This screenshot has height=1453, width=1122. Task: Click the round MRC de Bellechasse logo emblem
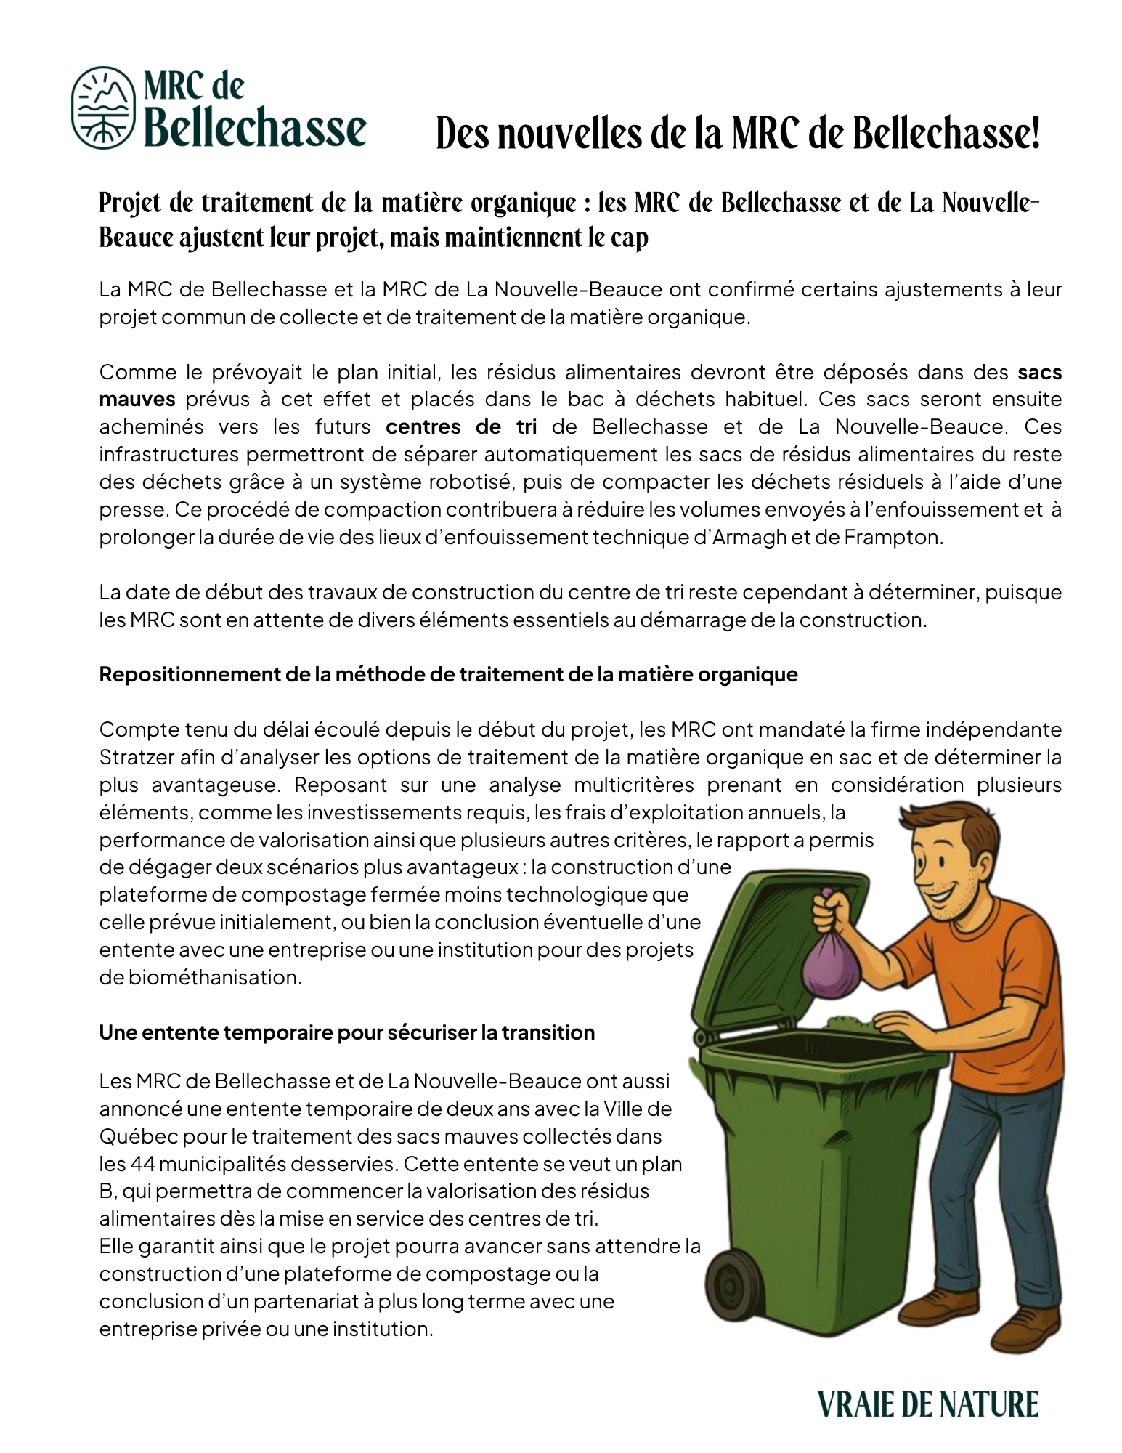click(x=103, y=107)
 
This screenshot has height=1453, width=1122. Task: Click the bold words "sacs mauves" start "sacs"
click(x=1039, y=373)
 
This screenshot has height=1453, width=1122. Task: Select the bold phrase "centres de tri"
click(x=461, y=426)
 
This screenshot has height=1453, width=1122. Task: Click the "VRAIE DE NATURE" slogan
click(x=927, y=1404)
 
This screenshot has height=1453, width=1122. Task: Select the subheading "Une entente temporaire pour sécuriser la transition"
click(x=347, y=1032)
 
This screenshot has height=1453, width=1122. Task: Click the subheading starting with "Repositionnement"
click(x=448, y=674)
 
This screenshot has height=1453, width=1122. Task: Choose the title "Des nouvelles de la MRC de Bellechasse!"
click(x=737, y=134)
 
